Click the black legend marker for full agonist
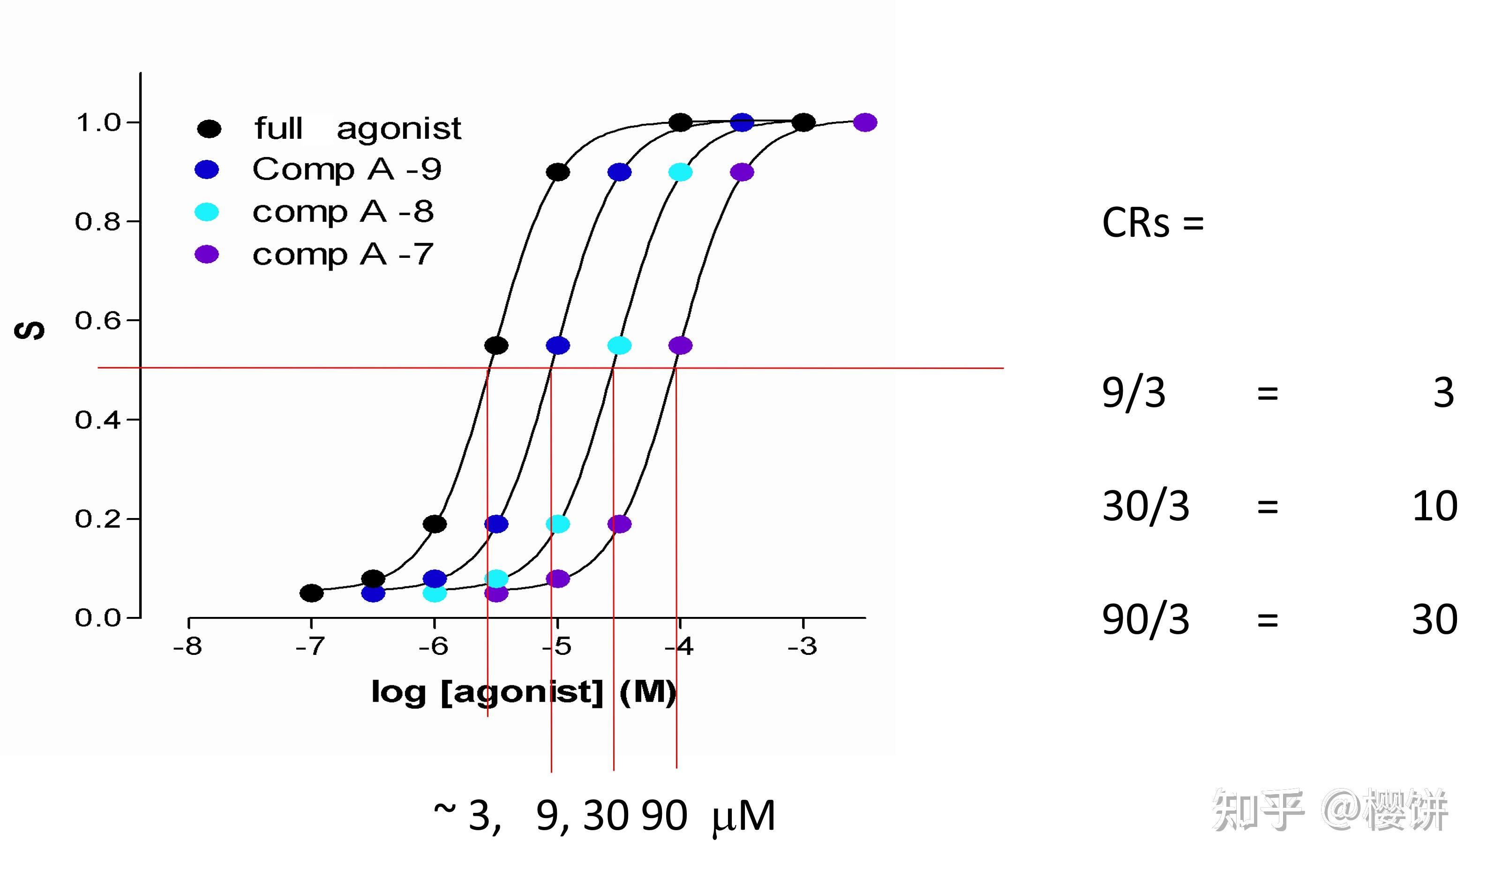tap(209, 128)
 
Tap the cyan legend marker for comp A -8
tap(207, 212)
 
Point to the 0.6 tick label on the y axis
tap(98, 321)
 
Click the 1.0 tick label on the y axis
tap(98, 123)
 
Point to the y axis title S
tap(30, 330)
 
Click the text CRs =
tap(1152, 224)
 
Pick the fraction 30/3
tap(1145, 506)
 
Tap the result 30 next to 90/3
tap(1434, 620)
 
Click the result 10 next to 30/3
tap(1434, 506)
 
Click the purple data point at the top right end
tap(865, 123)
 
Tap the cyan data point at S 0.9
tap(680, 173)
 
